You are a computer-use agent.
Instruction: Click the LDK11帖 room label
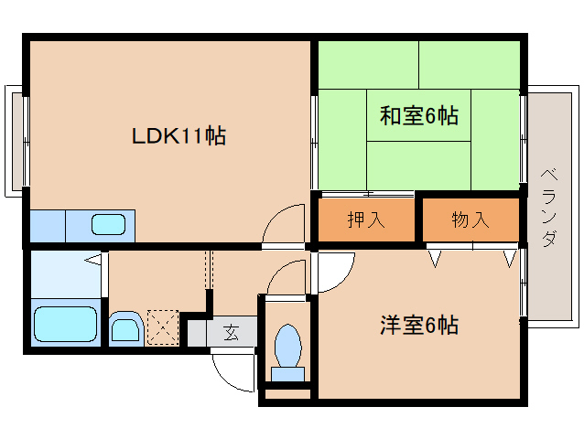(179, 137)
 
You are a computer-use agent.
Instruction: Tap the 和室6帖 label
(418, 116)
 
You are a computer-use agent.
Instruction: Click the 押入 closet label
(365, 219)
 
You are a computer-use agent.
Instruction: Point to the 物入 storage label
(470, 219)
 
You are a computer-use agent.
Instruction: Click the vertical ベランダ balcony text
(549, 208)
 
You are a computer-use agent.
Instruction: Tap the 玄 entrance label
(231, 332)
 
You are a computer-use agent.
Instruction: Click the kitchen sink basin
(108, 224)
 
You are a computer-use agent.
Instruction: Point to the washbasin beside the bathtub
(124, 327)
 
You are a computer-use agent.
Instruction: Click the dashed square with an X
(163, 327)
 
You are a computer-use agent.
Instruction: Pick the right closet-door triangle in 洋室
(508, 258)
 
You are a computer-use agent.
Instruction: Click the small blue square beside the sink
(47, 224)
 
